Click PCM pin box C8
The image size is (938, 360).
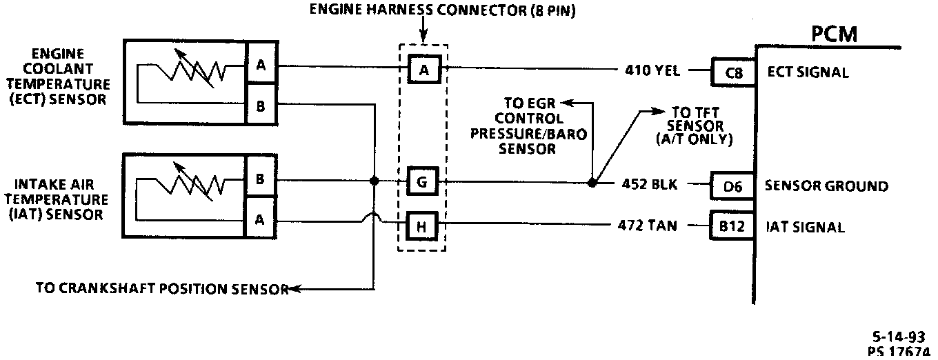[x=730, y=71]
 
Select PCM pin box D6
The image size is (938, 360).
[x=730, y=186]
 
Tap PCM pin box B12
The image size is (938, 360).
[x=730, y=226]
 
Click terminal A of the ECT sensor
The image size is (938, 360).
[x=261, y=66]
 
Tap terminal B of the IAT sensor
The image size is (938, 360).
[x=261, y=179]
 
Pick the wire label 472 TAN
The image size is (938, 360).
[x=650, y=226]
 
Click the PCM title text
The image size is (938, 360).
[x=834, y=34]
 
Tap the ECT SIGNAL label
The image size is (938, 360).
[x=808, y=72]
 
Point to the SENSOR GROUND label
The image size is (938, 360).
[x=826, y=186]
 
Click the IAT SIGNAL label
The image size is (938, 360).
[x=805, y=227]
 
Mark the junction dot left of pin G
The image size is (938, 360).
[x=374, y=181]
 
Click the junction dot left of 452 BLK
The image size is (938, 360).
[x=592, y=183]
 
